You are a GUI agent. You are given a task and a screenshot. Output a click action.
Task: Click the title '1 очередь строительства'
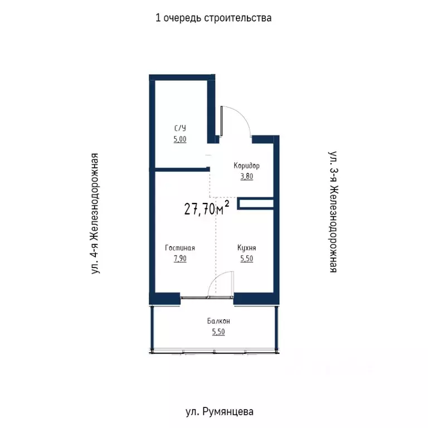(213, 18)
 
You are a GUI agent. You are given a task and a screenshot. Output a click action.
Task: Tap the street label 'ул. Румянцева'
(219, 412)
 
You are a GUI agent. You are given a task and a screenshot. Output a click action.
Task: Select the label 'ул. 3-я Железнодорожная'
(333, 211)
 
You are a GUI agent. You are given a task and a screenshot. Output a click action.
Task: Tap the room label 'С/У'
(179, 129)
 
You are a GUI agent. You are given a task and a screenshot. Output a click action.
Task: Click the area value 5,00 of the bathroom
(179, 139)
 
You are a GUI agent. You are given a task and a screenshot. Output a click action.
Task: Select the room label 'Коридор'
(246, 166)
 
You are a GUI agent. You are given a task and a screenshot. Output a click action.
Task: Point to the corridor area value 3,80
(246, 177)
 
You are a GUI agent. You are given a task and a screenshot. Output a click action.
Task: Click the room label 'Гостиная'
(179, 248)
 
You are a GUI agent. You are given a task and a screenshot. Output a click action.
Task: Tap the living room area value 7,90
(179, 259)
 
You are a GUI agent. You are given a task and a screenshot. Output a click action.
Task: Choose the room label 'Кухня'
(246, 248)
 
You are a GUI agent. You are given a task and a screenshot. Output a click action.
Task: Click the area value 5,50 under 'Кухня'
(246, 259)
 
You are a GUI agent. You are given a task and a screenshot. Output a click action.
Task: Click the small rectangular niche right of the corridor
(255, 204)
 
